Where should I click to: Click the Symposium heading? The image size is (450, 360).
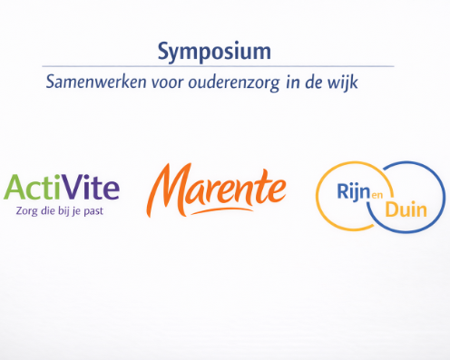(x=212, y=48)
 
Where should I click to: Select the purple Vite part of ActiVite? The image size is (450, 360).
(x=93, y=188)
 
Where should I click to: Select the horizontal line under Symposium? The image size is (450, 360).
(x=218, y=65)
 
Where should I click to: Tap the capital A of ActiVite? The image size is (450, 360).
(x=17, y=188)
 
